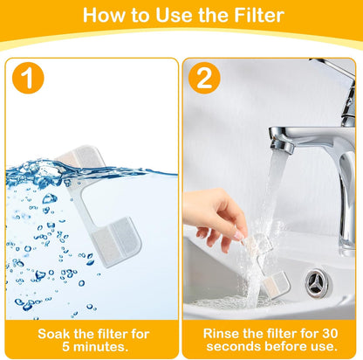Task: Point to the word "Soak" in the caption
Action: tap(58, 333)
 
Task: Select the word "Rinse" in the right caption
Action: tap(222, 333)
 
